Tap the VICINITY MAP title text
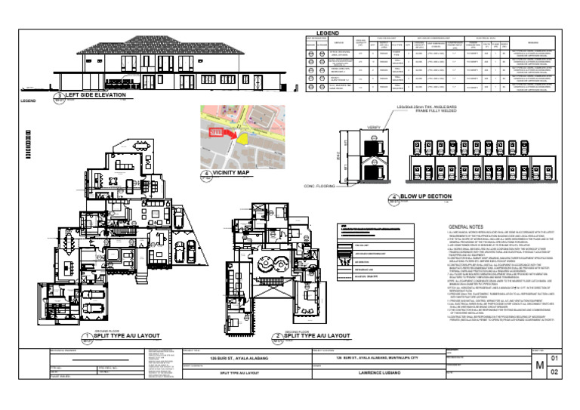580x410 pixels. tap(232, 173)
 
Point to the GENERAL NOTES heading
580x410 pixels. tap(470, 227)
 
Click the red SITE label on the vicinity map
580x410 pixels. tap(218, 133)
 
